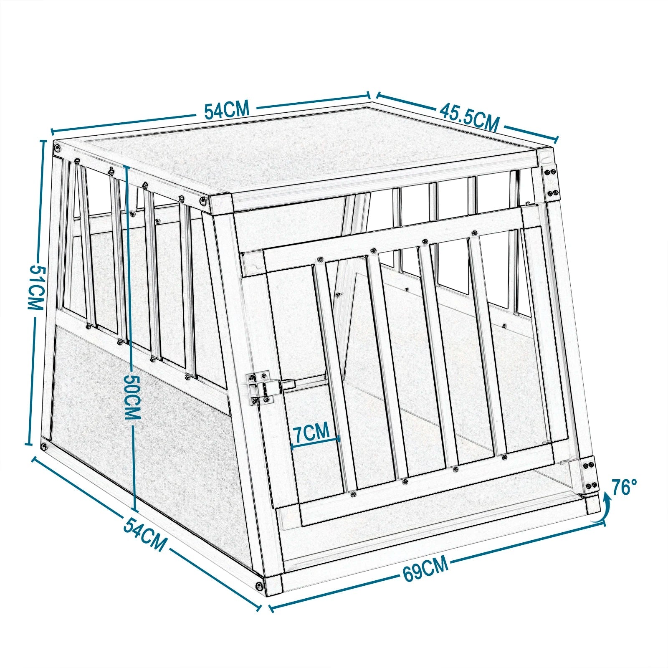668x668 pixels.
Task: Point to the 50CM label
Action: tap(132, 396)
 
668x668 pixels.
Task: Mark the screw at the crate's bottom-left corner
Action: tap(44, 446)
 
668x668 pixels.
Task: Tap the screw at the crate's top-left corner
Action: tap(58, 147)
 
